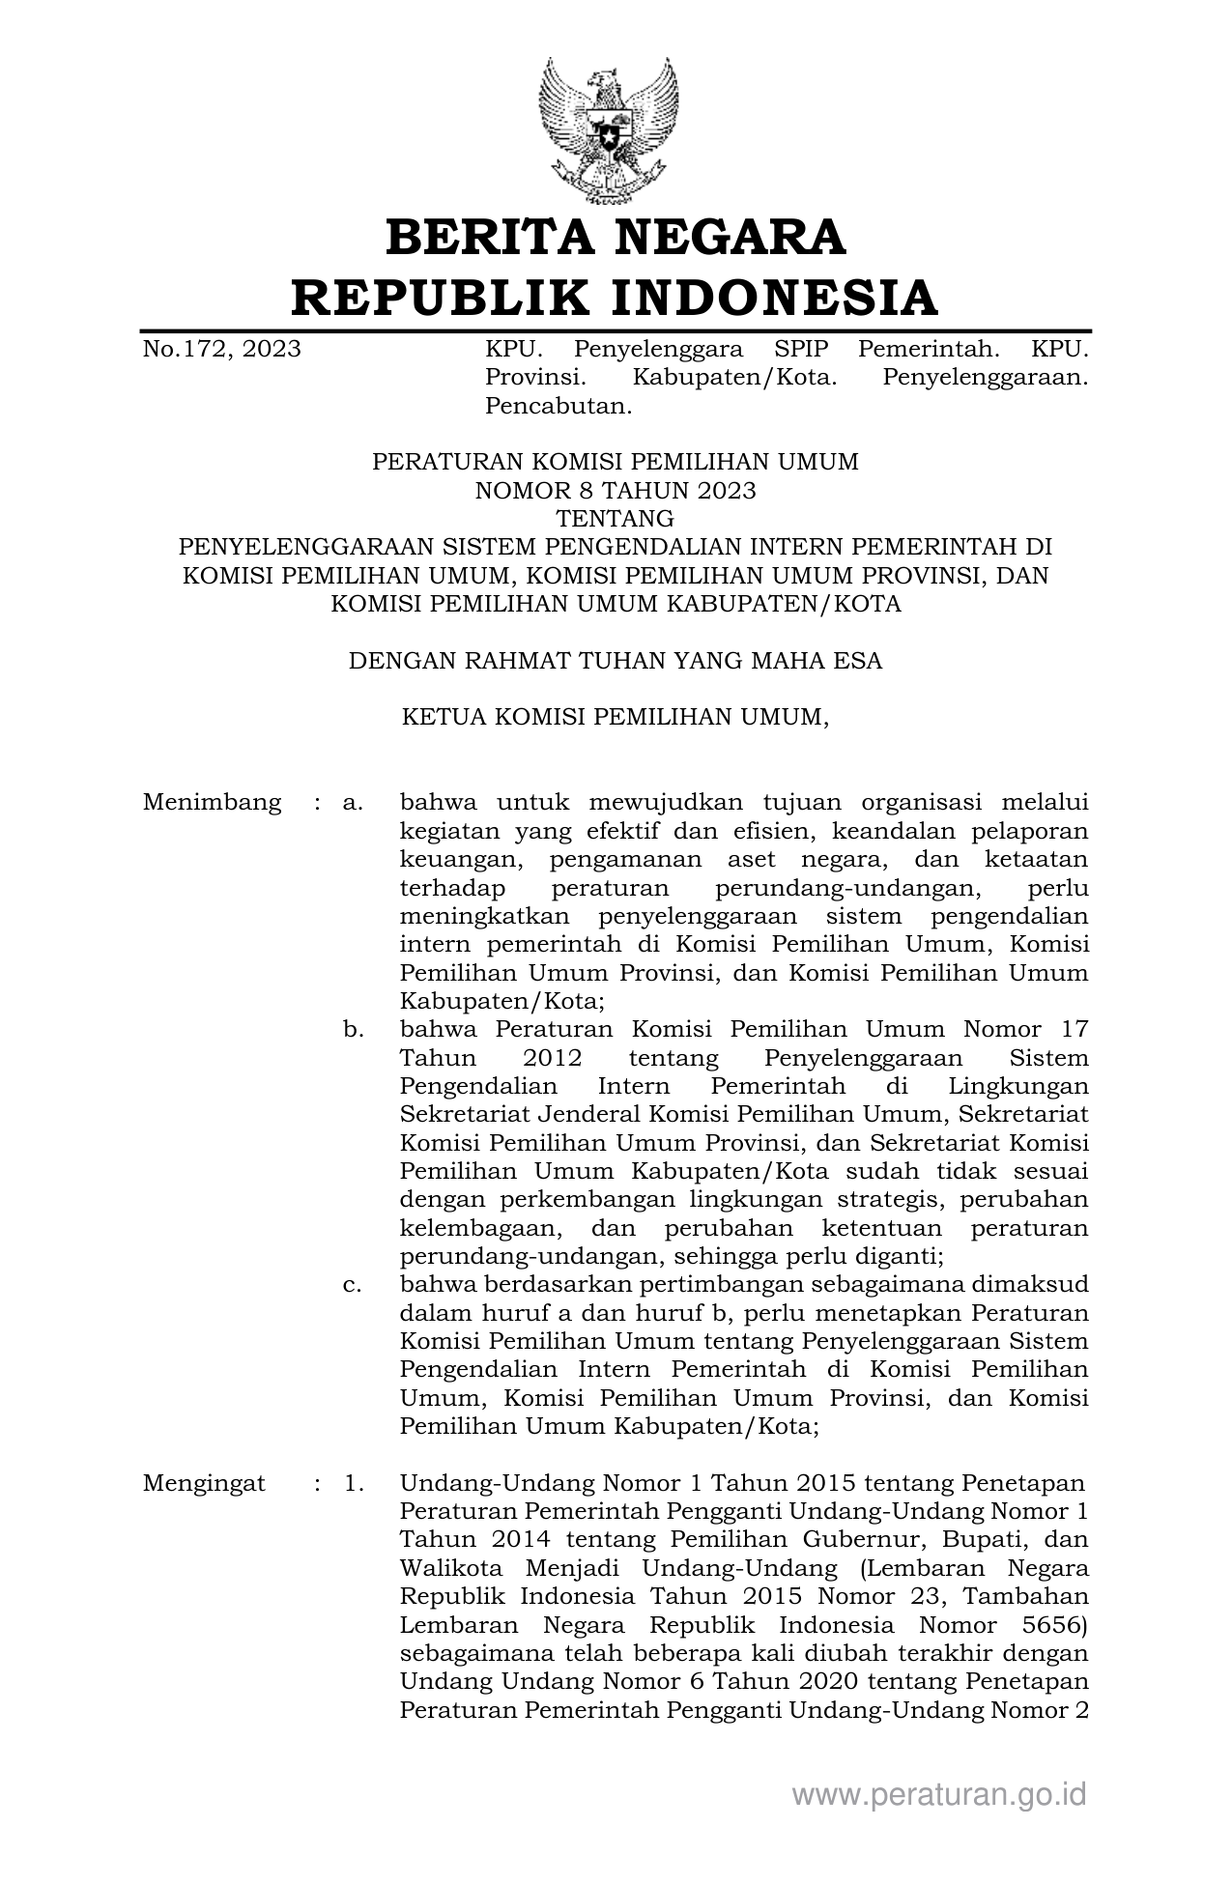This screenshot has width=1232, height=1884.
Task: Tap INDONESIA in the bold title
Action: pyautogui.click(x=774, y=297)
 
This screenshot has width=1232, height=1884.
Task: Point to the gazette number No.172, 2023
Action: pyautogui.click(x=222, y=349)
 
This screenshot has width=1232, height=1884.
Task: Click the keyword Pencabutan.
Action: pyautogui.click(x=559, y=406)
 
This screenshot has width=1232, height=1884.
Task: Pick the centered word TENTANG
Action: pyautogui.click(x=616, y=519)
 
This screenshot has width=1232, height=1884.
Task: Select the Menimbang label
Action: pyautogui.click(x=212, y=803)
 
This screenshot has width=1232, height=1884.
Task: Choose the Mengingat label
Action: pyautogui.click(x=204, y=1484)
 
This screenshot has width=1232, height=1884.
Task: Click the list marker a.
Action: pyautogui.click(x=353, y=803)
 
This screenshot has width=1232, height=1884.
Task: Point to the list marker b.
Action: pyautogui.click(x=353, y=1030)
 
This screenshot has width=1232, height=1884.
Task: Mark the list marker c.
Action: pyautogui.click(x=353, y=1286)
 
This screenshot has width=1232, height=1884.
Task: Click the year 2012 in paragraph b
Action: pyautogui.click(x=554, y=1058)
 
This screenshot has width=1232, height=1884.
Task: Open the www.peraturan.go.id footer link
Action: pyautogui.click(x=939, y=1795)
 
